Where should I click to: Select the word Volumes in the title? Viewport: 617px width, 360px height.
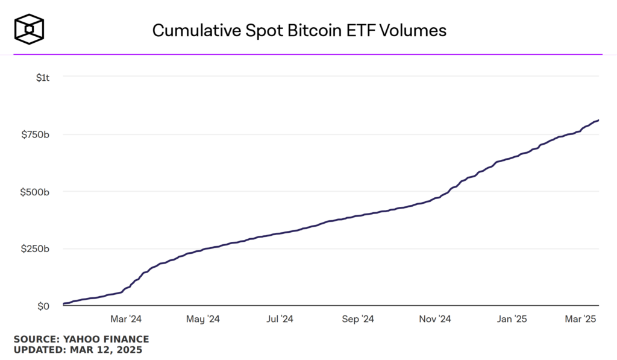(x=416, y=31)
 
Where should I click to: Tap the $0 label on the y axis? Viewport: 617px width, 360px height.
(x=43, y=306)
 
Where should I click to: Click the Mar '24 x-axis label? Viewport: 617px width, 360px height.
(x=126, y=318)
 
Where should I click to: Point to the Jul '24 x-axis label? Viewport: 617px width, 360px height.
(x=280, y=318)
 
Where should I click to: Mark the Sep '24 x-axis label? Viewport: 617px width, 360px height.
(x=359, y=318)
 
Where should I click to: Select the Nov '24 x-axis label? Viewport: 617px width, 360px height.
(x=435, y=318)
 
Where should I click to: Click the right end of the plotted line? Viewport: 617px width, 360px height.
(x=598, y=120)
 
